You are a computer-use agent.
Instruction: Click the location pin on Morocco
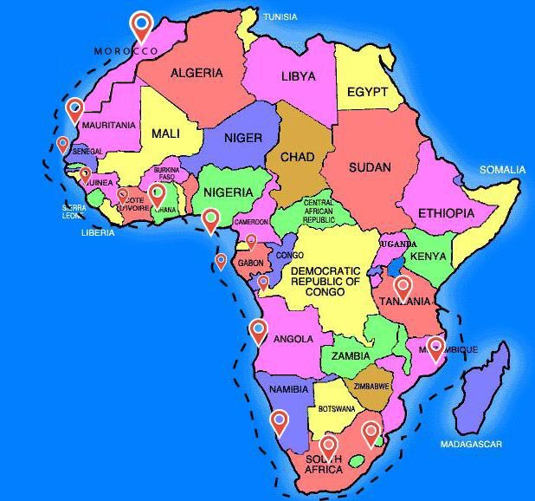[x=141, y=25]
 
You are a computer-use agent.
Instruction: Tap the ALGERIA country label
[x=196, y=74]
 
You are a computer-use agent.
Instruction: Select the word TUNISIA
[x=280, y=17]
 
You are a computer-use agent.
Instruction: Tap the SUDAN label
[x=370, y=167]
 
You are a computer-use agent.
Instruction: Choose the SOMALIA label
[x=503, y=170]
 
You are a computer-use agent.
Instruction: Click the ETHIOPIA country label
[x=446, y=213]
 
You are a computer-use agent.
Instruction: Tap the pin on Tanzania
[x=403, y=287]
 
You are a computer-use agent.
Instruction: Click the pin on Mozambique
[x=435, y=347]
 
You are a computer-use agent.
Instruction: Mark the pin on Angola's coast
[x=258, y=329]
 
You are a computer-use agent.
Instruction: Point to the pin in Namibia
[x=279, y=421]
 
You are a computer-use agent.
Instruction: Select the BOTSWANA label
[x=336, y=408]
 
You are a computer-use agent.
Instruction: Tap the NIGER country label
[x=242, y=139]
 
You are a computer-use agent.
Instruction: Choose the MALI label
[x=165, y=133]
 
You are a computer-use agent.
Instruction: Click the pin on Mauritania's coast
[x=75, y=108]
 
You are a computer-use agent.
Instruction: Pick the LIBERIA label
[x=98, y=232]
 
